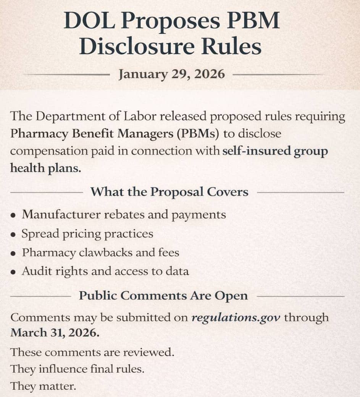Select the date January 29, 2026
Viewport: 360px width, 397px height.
coord(171,74)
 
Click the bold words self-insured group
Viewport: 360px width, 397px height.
coord(275,151)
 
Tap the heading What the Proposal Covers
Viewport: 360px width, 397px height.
coord(169,192)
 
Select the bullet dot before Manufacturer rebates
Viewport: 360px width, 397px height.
coord(13,215)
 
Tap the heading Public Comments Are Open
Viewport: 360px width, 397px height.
coord(163,295)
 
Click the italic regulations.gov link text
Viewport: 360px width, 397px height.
coord(236,317)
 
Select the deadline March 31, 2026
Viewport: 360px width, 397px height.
coord(55,332)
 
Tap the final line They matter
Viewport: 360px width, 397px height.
coord(43,386)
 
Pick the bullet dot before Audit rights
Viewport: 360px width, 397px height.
coord(13,272)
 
